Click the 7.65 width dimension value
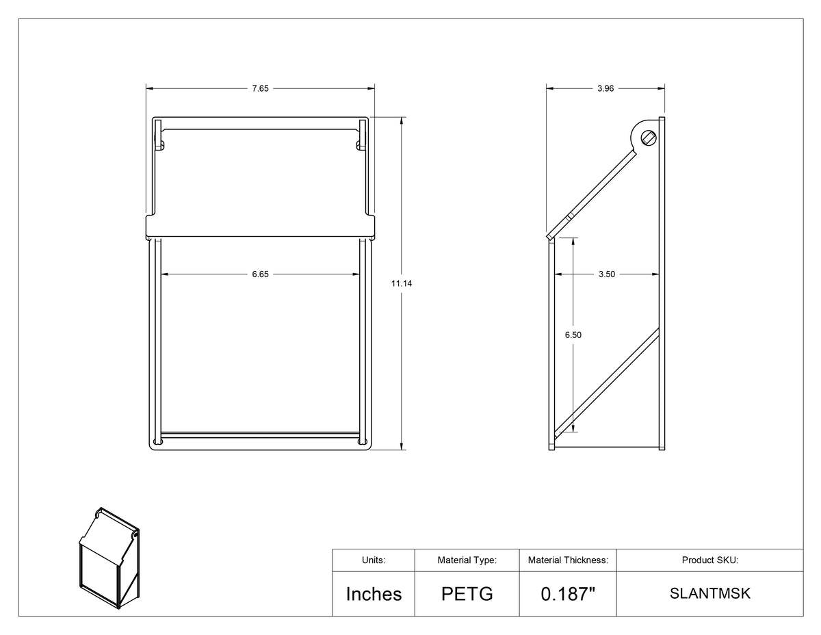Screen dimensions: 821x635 pos(260,88)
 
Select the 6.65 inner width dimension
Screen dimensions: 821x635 pos(260,274)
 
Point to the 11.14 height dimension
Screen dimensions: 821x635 pos(402,283)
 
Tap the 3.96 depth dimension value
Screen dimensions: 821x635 pos(605,88)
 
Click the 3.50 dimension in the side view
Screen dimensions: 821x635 pos(607,274)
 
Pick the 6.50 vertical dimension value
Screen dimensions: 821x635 pos(573,335)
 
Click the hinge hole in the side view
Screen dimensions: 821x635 pos(649,139)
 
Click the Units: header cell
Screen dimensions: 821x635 pos(374,560)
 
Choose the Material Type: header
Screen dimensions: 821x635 pos(467,560)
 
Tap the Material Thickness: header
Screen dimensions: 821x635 pos(568,560)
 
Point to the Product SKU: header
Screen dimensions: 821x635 pos(710,560)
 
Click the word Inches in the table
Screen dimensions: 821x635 pos(374,594)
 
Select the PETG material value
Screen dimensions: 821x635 pos(467,594)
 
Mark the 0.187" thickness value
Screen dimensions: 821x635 pos(568,594)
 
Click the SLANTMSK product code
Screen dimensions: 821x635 pos(710,593)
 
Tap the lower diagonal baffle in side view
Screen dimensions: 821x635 pos(607,384)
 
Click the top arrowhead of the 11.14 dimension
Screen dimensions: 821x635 pos(401,120)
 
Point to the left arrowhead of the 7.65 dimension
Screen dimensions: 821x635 pos(150,88)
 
